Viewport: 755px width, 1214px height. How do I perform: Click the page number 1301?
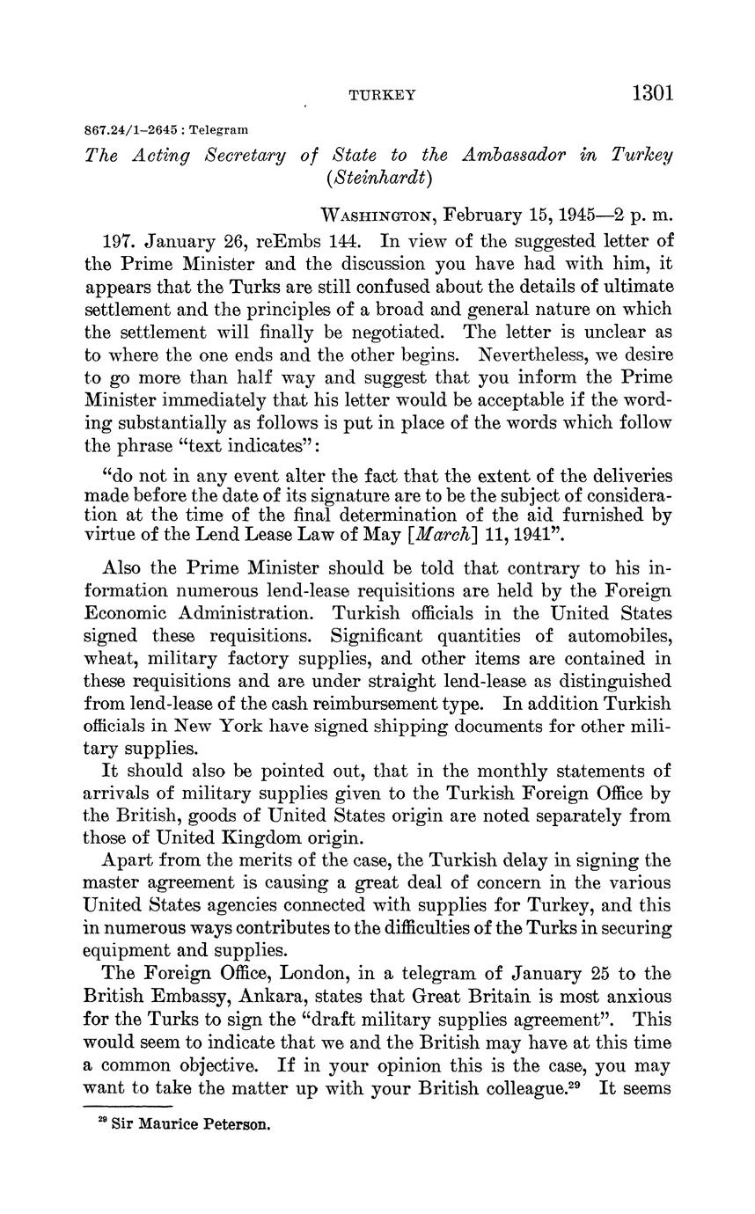coord(652,93)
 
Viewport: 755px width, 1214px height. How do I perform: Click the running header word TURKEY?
coord(382,95)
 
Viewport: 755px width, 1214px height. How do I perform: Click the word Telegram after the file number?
coord(219,129)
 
